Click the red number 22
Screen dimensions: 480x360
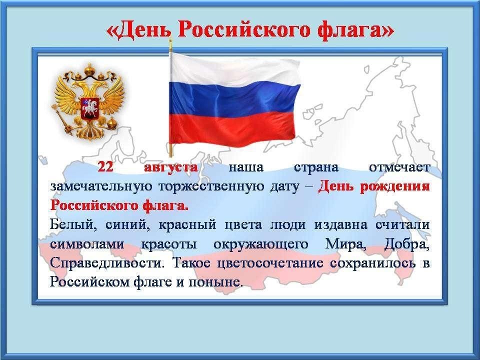pos(105,167)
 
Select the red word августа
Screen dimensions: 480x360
pos(170,168)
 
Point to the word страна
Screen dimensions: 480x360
pos(316,168)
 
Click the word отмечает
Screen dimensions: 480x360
pos(399,168)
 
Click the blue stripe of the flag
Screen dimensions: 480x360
pos(234,98)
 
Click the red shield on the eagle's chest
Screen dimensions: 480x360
pos(89,108)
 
